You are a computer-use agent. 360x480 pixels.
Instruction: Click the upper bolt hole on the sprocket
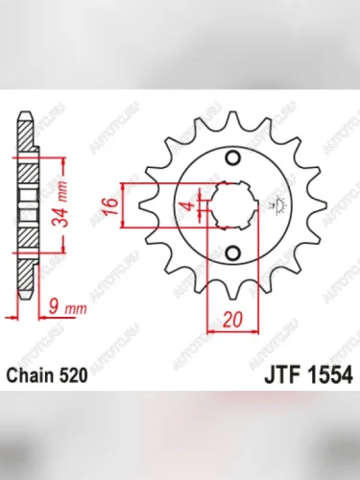click(x=232, y=157)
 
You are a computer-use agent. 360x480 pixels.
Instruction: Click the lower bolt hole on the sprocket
click(x=232, y=252)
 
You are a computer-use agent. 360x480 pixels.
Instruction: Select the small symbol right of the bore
click(x=280, y=204)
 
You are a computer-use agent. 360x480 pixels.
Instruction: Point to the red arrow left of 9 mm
click(x=12, y=311)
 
